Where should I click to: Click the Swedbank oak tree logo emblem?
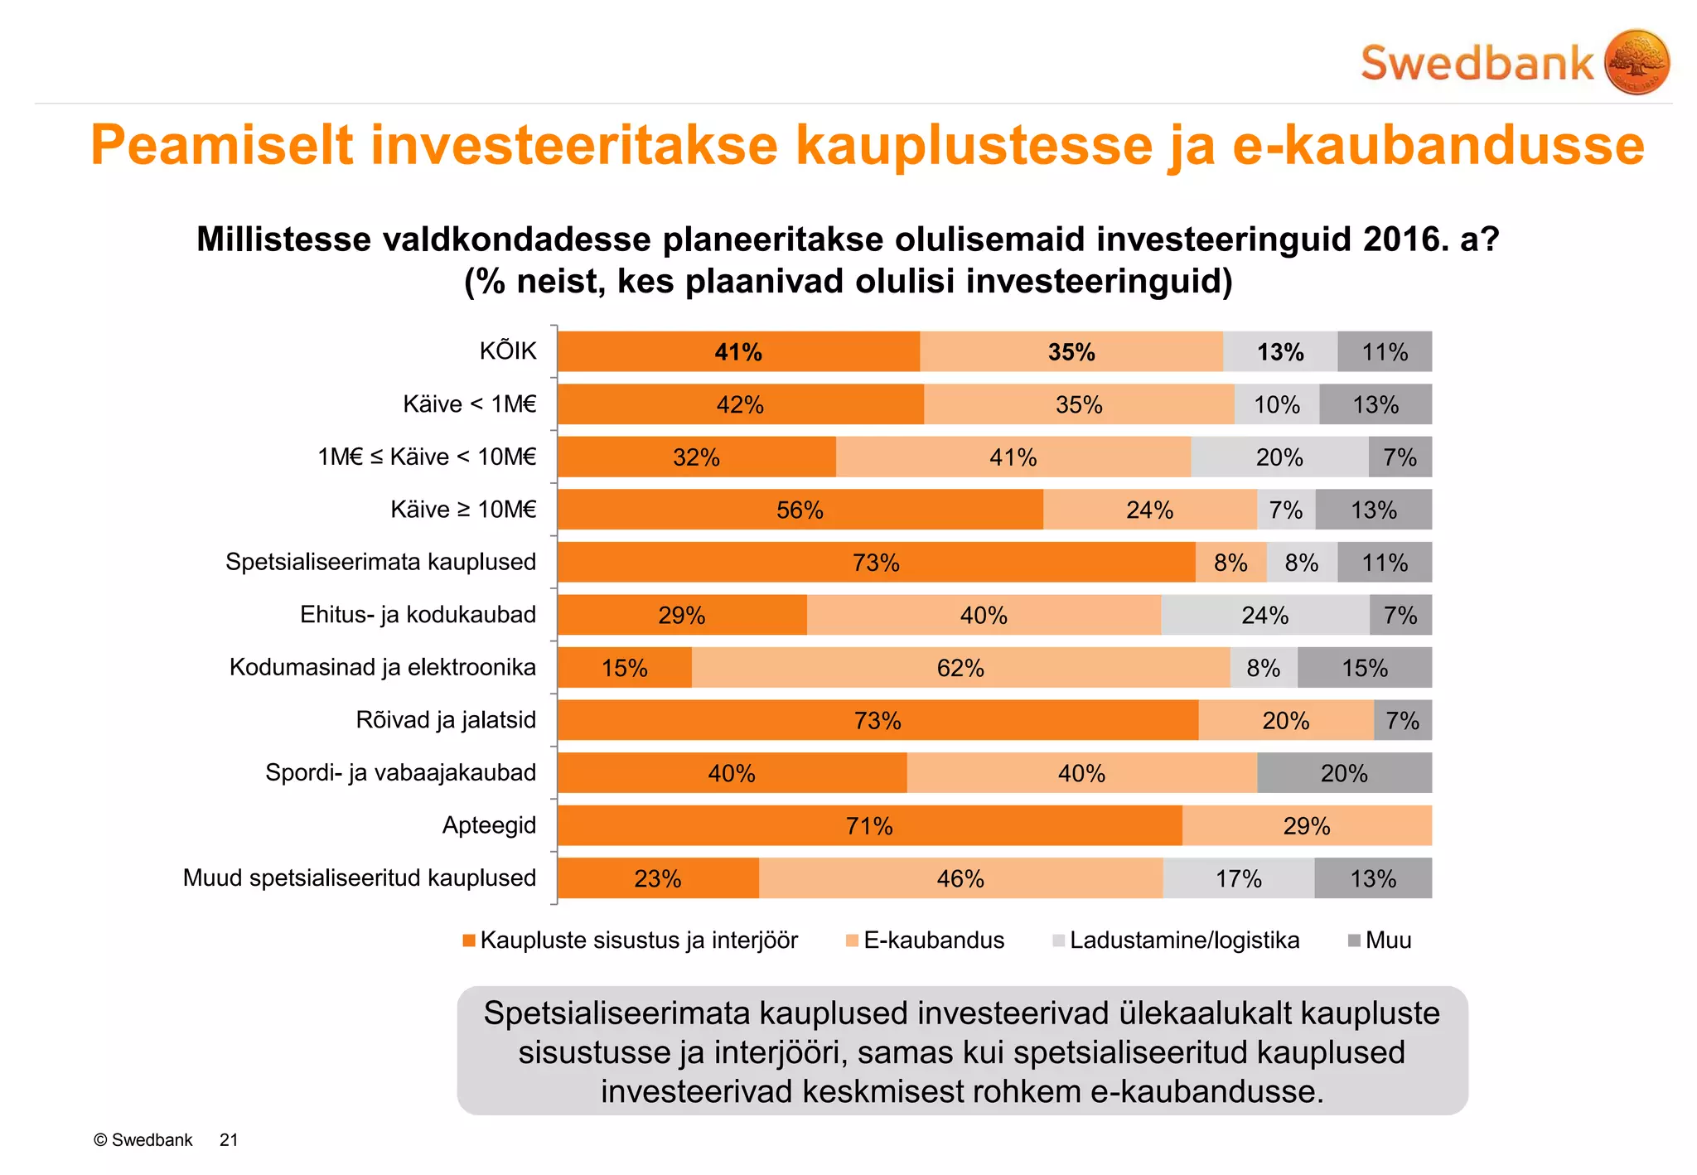click(1636, 62)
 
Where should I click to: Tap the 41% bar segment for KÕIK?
click(738, 352)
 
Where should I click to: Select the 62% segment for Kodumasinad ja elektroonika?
click(960, 668)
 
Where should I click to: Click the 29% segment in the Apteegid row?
click(1307, 826)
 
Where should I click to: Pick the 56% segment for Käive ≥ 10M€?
click(800, 510)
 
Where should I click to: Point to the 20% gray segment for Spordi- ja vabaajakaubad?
click(1343, 773)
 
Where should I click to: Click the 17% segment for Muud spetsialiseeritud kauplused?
click(1238, 878)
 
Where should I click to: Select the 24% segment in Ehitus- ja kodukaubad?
click(1264, 616)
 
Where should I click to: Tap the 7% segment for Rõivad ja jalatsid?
click(1402, 721)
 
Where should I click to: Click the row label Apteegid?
click(489, 825)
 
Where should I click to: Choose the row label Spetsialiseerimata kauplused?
click(380, 562)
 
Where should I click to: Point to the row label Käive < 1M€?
click(469, 404)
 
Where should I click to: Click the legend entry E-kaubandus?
click(933, 940)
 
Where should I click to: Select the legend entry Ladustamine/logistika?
click(1184, 940)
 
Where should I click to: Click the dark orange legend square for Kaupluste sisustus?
click(469, 940)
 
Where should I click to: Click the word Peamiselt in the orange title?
click(221, 146)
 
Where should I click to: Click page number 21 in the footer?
click(229, 1140)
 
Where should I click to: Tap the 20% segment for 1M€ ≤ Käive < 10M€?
click(1279, 457)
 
